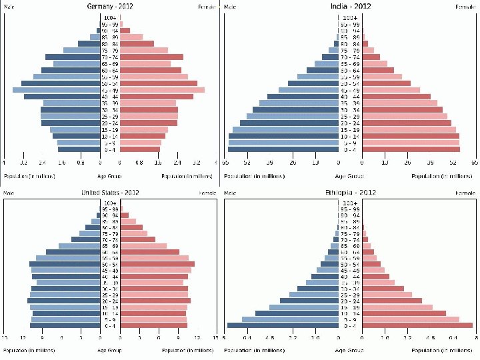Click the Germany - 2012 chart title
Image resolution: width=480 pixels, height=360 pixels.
[111, 6]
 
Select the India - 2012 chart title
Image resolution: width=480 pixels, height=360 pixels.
[351, 6]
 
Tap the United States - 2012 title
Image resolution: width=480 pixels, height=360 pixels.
[110, 193]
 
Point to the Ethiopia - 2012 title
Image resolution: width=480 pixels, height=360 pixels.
[351, 193]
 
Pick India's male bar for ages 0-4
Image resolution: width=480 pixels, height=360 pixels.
[284, 149]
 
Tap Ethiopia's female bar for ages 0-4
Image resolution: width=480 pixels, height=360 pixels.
[417, 325]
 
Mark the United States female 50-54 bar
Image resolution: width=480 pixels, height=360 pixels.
[157, 264]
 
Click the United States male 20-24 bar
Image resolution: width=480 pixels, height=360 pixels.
[64, 301]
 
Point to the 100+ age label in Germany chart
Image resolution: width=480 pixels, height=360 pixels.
[110, 17]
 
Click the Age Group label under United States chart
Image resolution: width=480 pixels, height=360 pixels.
[110, 350]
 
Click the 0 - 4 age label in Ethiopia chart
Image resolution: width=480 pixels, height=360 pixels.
[350, 325]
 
